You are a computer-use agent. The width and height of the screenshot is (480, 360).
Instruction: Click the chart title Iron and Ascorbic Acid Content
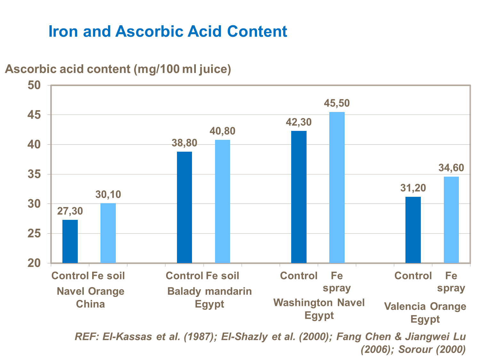coord(168,31)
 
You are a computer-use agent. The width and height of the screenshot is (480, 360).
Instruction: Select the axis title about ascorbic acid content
coord(118,69)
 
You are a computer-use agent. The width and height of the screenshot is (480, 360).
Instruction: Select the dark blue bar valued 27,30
coord(70,241)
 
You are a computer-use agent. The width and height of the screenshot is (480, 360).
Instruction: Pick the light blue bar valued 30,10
coord(108,233)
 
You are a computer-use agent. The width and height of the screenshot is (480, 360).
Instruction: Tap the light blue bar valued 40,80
coord(222,201)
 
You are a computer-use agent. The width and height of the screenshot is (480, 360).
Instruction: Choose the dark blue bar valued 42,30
coord(299,197)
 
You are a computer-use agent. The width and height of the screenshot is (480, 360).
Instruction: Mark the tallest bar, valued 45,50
coord(337,187)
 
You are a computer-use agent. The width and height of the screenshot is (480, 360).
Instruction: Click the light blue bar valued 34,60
coord(451,220)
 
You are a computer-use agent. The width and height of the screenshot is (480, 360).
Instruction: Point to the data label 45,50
coord(337,103)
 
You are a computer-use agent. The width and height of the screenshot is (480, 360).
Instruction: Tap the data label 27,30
coord(70,211)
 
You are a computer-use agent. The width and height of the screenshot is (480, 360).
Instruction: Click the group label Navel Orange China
coord(91,298)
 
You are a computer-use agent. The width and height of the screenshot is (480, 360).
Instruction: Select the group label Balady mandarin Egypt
coord(210,298)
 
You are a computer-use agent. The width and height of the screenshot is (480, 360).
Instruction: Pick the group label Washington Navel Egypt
coord(319,309)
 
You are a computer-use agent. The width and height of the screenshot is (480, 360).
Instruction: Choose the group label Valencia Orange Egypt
coord(425,313)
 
